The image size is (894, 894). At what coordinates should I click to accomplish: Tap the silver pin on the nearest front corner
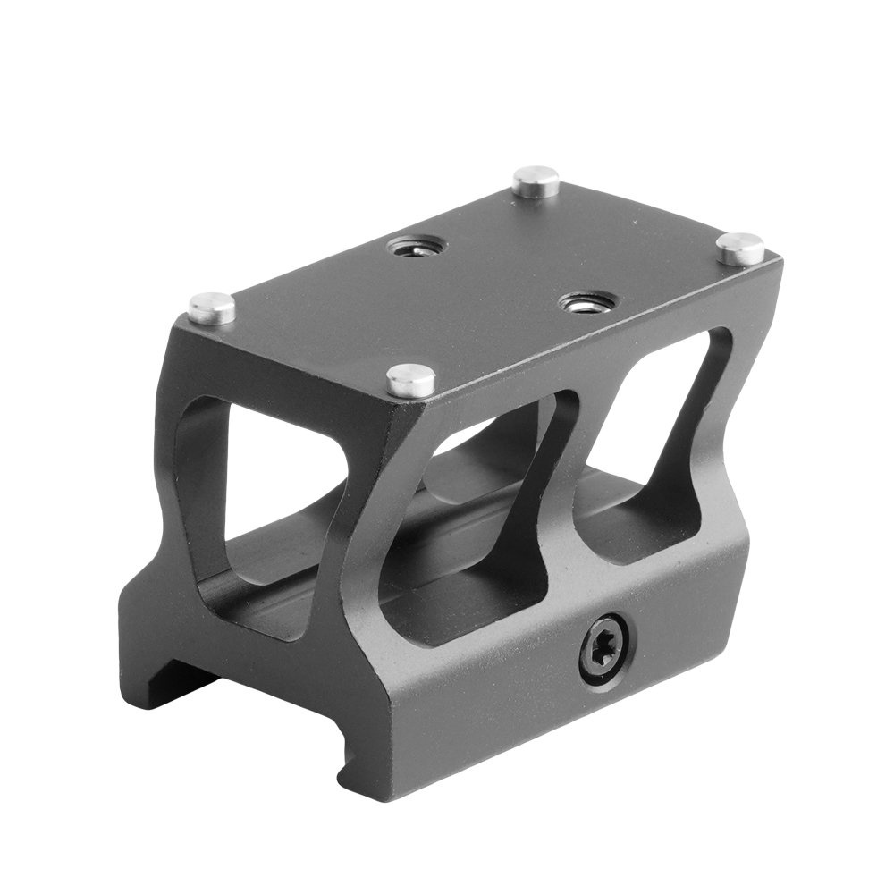tap(410, 380)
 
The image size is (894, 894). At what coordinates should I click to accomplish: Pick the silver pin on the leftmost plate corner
tap(212, 308)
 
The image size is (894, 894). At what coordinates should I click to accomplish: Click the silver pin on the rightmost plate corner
tap(740, 248)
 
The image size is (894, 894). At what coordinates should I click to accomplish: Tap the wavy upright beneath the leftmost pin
tap(179, 447)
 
